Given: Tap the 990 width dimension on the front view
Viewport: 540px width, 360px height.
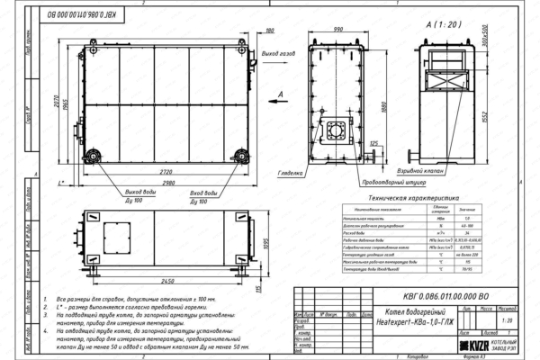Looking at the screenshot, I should [337, 29].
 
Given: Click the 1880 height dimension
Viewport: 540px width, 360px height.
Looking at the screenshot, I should [383, 109].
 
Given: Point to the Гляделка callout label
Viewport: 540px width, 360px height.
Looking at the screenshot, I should [289, 169].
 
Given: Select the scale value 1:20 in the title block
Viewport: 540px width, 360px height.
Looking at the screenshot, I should [508, 319].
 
